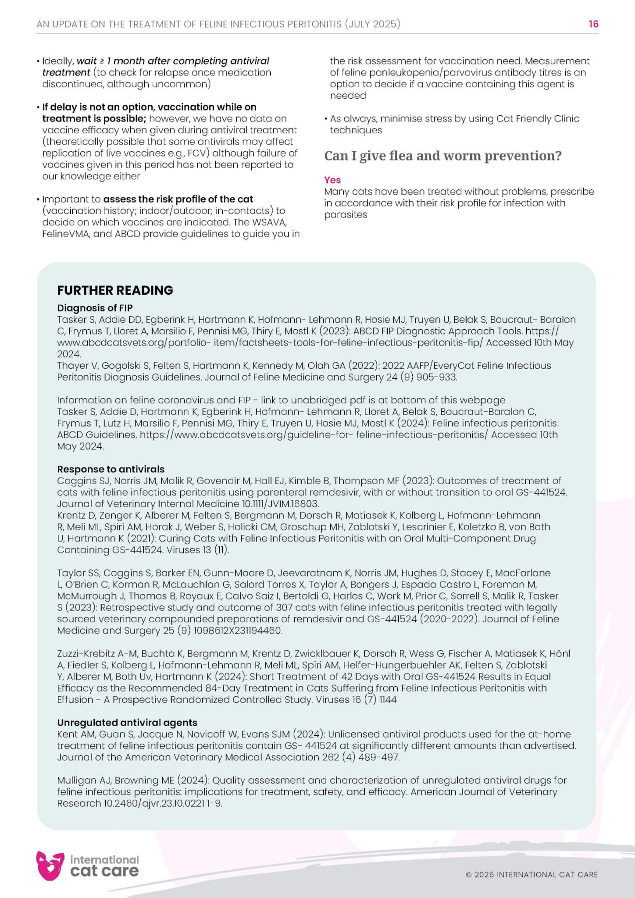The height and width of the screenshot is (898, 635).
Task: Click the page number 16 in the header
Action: click(x=593, y=24)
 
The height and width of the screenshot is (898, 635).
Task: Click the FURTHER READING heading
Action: click(x=115, y=290)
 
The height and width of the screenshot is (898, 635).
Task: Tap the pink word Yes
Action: click(x=332, y=180)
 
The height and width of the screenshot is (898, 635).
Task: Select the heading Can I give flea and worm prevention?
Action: click(x=442, y=156)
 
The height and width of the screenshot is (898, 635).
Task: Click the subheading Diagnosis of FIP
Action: click(x=95, y=308)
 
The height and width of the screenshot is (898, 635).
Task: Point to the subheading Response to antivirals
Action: click(x=111, y=469)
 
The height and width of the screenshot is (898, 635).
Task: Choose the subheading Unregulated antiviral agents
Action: click(x=127, y=723)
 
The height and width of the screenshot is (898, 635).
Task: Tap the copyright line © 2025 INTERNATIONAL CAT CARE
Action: click(x=532, y=875)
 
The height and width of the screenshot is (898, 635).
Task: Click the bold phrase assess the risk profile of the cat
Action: click(x=178, y=199)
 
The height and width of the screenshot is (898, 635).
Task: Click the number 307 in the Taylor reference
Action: click(x=284, y=608)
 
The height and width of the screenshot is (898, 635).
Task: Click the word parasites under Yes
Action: click(x=346, y=215)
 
